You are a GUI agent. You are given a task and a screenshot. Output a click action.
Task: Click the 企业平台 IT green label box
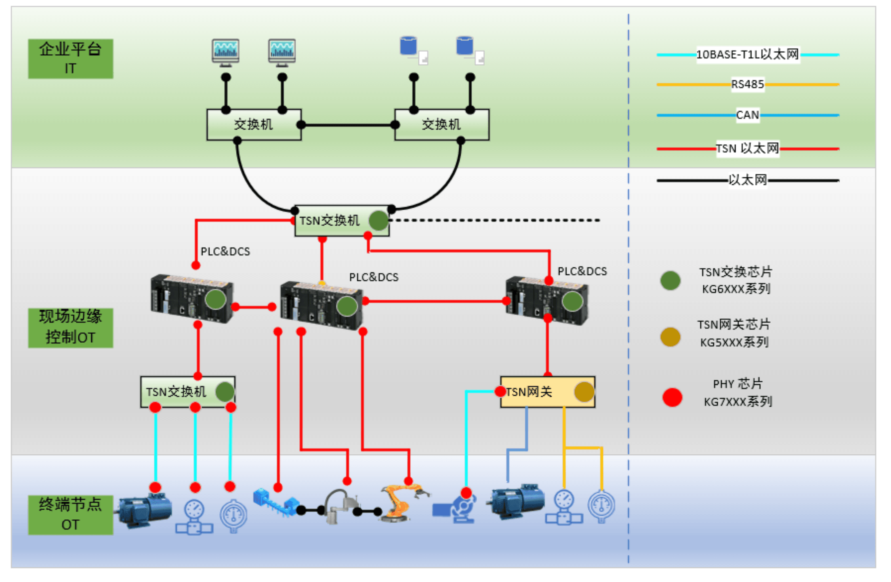pos(70,59)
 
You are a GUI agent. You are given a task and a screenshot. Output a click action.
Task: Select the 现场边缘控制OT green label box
pos(70,327)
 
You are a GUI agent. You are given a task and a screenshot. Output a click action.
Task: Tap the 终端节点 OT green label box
pos(70,515)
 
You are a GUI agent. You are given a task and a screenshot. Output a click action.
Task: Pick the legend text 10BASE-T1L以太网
pos(747,54)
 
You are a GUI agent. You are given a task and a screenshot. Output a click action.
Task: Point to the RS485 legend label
pos(747,84)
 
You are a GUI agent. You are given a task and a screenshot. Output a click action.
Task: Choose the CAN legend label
pos(747,115)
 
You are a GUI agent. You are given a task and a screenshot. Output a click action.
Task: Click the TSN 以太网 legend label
pos(747,148)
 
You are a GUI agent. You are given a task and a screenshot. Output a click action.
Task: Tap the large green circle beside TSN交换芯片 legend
pos(670,280)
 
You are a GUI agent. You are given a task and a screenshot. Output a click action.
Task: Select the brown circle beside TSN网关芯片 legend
pos(670,337)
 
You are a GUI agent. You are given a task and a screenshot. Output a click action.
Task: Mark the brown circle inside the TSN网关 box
pos(584,391)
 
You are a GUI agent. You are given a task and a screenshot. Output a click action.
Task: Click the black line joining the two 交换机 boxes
pos(348,125)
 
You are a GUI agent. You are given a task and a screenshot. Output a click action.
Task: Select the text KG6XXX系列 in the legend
pos(736,289)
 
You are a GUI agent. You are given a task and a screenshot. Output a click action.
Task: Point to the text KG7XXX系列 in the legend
pos(738,402)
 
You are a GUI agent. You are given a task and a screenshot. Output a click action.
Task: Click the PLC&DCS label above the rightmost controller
pos(582,271)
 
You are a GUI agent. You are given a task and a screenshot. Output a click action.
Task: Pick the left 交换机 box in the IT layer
pos(254,124)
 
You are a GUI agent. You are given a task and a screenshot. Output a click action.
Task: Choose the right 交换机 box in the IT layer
pos(441,124)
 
